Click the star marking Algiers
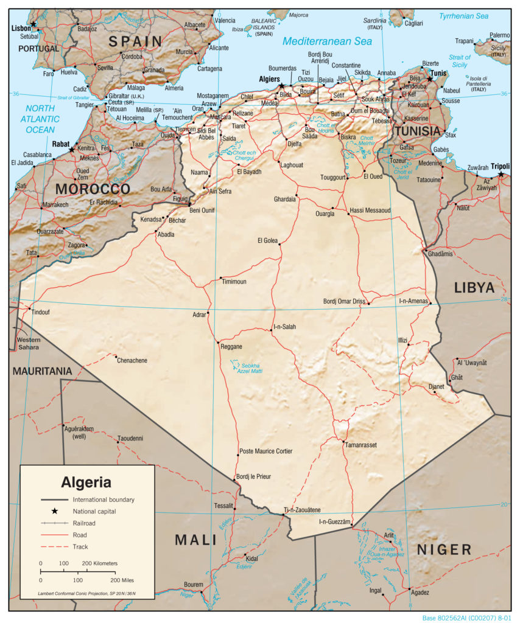(281, 86)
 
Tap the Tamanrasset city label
(360, 445)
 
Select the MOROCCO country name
(93, 189)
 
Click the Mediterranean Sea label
(326, 42)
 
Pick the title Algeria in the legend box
(86, 482)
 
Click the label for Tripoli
(500, 166)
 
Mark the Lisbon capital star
(33, 24)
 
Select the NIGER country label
(444, 550)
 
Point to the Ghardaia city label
(284, 198)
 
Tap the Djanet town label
(436, 386)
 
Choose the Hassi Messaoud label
(370, 211)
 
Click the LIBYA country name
(474, 288)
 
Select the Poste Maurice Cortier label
(265, 451)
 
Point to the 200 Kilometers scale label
(99, 563)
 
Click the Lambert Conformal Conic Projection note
(86, 593)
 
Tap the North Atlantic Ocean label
(40, 119)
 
